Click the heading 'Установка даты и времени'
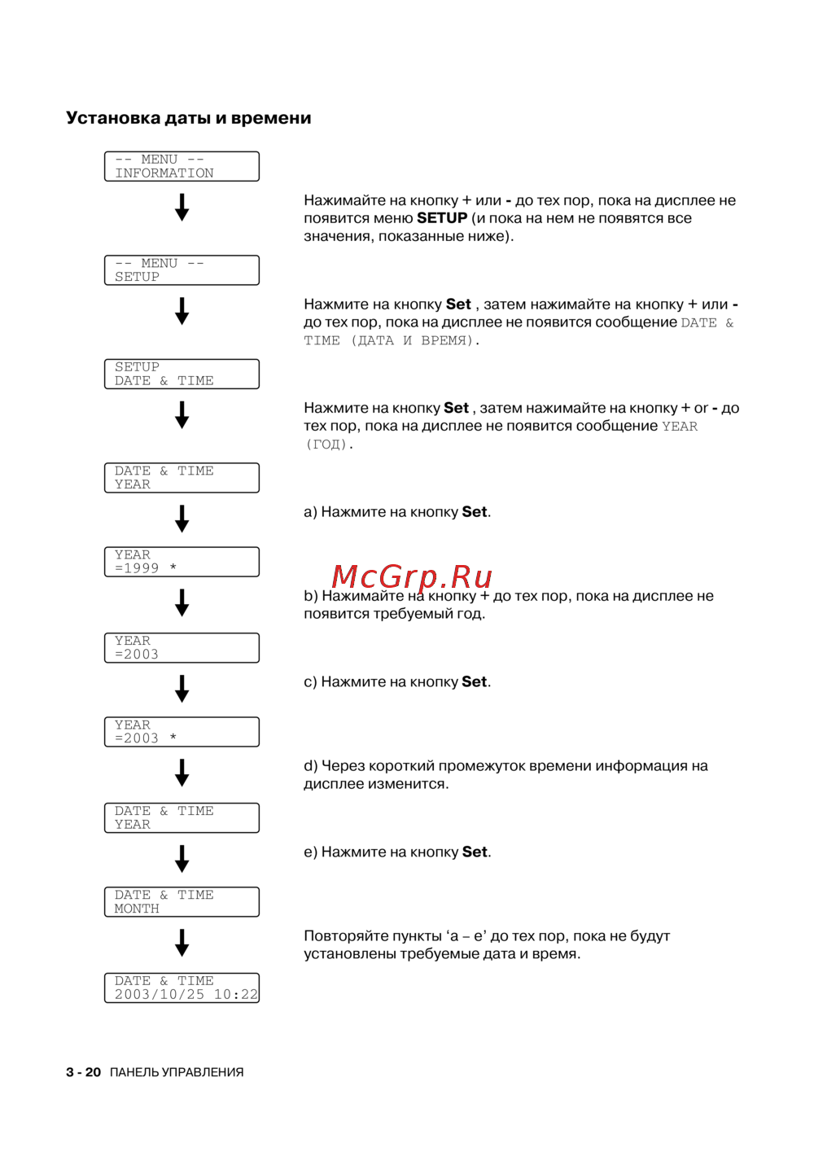click(x=188, y=118)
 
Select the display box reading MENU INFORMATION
click(x=182, y=166)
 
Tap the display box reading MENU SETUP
click(x=182, y=270)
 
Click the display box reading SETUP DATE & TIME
click(x=182, y=374)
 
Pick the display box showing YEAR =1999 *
click(x=182, y=562)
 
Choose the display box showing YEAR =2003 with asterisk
click(x=182, y=732)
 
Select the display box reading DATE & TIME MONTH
click(x=182, y=902)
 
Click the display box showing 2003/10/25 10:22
click(x=182, y=988)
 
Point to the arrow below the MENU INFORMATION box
click(x=182, y=207)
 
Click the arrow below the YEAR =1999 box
click(x=182, y=602)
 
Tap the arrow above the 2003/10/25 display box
click(x=182, y=943)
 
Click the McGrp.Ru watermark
click(x=412, y=576)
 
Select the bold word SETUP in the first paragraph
click(x=442, y=218)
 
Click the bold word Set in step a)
click(x=475, y=512)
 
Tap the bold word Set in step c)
click(x=475, y=682)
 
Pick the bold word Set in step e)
click(x=475, y=852)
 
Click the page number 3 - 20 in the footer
click(x=83, y=1072)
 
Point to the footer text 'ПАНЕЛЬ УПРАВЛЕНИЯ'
click(x=177, y=1072)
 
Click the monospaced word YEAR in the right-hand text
click(x=680, y=427)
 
